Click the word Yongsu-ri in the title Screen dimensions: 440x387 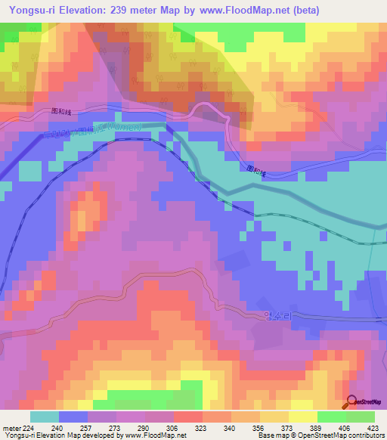coord(34,10)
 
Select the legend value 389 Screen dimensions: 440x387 coord(317,426)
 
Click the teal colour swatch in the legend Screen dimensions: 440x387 coord(44,417)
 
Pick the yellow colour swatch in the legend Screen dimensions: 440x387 coord(302,417)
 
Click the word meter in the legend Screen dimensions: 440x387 coord(11,426)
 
